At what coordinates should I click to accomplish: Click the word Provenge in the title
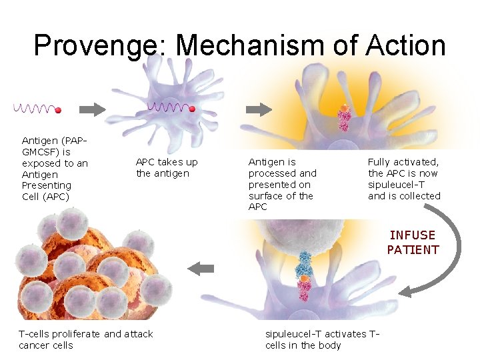coord(99,45)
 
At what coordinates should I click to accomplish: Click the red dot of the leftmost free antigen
coord(58,110)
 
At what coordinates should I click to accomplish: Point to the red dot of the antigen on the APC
coord(192,108)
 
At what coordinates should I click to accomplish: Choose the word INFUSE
coord(413,235)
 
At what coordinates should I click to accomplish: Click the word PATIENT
coord(413,250)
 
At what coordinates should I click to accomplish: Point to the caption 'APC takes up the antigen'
coord(167,167)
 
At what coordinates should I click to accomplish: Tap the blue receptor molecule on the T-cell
coord(305,260)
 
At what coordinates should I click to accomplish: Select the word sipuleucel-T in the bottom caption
coord(293,333)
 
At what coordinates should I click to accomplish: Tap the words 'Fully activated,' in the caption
coord(403,161)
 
